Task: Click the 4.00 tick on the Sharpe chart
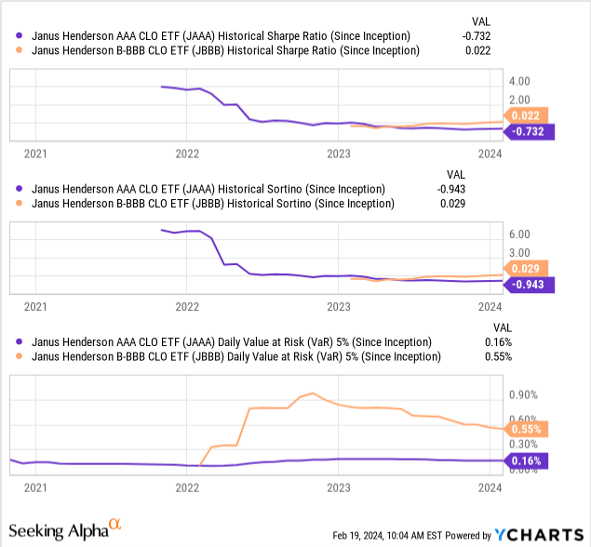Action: click(519, 82)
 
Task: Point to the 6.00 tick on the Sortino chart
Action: click(519, 234)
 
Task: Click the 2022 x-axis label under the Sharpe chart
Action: click(187, 153)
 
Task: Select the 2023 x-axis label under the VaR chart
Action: click(338, 487)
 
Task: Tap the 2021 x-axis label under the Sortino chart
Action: click(35, 305)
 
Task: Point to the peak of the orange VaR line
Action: click(312, 393)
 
